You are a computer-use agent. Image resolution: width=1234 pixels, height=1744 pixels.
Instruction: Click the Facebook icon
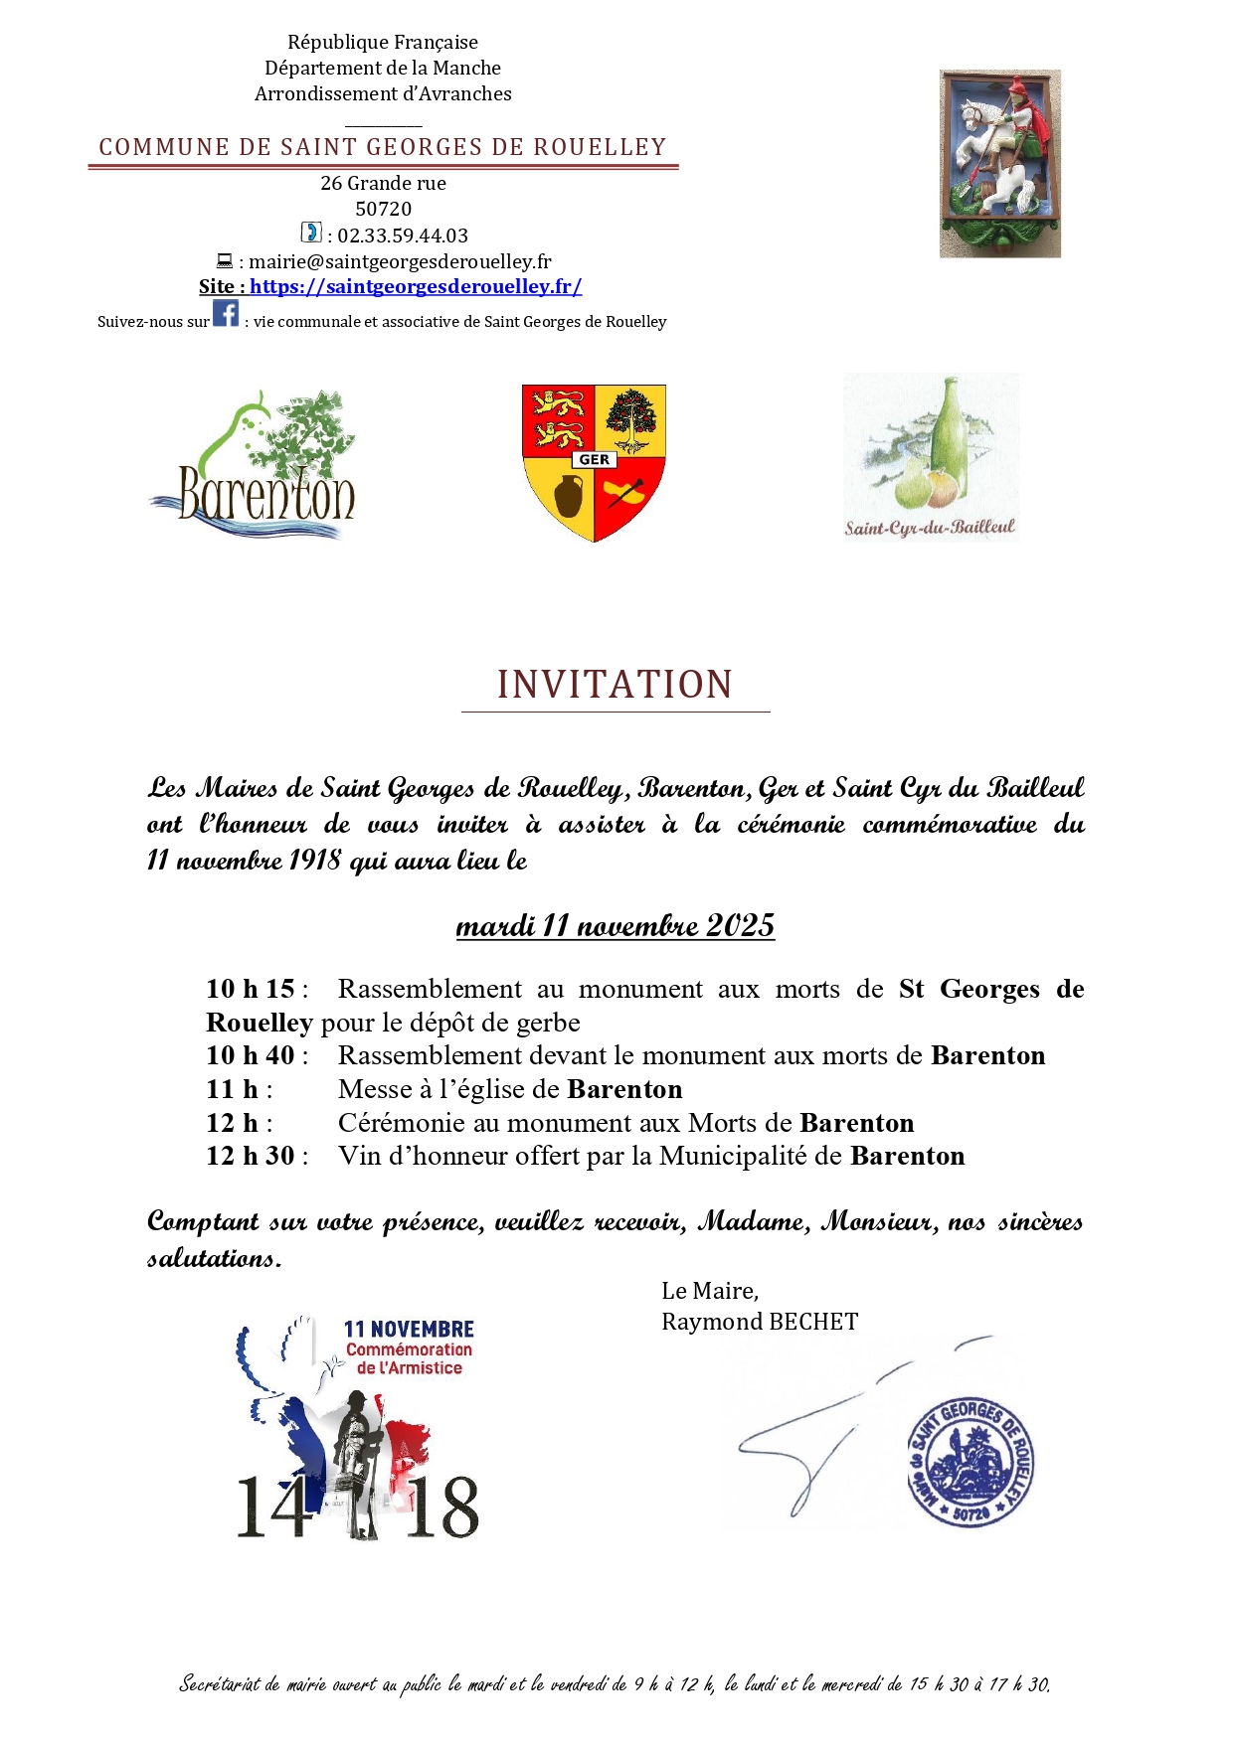tap(226, 313)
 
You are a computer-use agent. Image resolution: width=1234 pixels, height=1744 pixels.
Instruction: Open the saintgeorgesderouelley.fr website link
tap(416, 286)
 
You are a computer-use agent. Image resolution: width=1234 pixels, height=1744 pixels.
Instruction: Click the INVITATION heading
tap(616, 685)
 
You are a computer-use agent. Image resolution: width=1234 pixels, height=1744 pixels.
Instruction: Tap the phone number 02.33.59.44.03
tap(403, 236)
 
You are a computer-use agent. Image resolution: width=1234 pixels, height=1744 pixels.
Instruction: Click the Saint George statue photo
tap(999, 163)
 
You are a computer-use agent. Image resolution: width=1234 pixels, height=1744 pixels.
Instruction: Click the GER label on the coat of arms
tap(594, 459)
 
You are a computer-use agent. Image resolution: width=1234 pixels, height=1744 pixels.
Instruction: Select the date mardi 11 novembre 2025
tap(615, 925)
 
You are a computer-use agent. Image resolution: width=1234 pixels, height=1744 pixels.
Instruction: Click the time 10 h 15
tap(251, 989)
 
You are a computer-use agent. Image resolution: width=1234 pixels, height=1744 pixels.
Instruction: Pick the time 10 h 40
tap(251, 1055)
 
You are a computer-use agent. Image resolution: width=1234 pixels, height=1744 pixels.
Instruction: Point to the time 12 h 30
tap(251, 1156)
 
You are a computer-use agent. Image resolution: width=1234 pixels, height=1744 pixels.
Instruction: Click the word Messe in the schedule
tap(375, 1089)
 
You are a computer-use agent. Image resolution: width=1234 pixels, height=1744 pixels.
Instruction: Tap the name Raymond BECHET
tap(760, 1322)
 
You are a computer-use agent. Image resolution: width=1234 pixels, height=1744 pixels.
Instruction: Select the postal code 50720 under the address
tap(383, 209)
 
